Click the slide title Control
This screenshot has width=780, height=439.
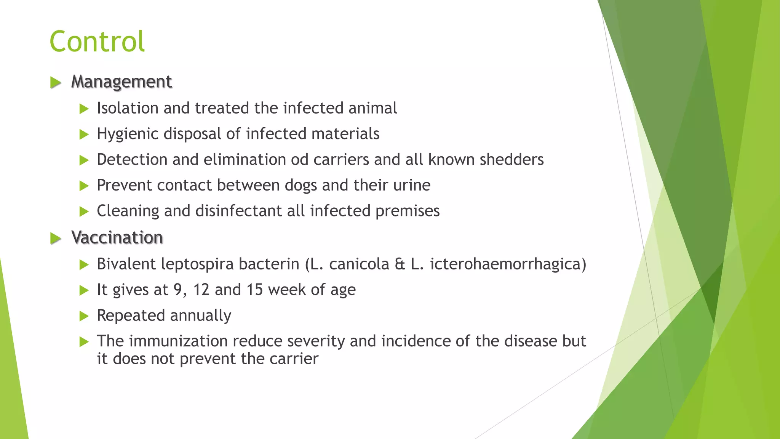click(97, 41)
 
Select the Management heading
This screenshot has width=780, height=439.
click(121, 82)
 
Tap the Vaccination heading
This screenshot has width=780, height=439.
click(117, 237)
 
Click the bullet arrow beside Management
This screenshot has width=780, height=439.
click(56, 82)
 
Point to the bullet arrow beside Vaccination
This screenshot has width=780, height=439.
click(56, 238)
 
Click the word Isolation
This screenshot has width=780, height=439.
click(127, 108)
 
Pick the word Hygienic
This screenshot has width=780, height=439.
click(127, 134)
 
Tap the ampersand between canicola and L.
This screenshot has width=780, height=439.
click(400, 264)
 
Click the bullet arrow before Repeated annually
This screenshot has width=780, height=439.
click(84, 316)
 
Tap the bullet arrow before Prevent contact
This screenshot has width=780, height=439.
click(84, 186)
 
